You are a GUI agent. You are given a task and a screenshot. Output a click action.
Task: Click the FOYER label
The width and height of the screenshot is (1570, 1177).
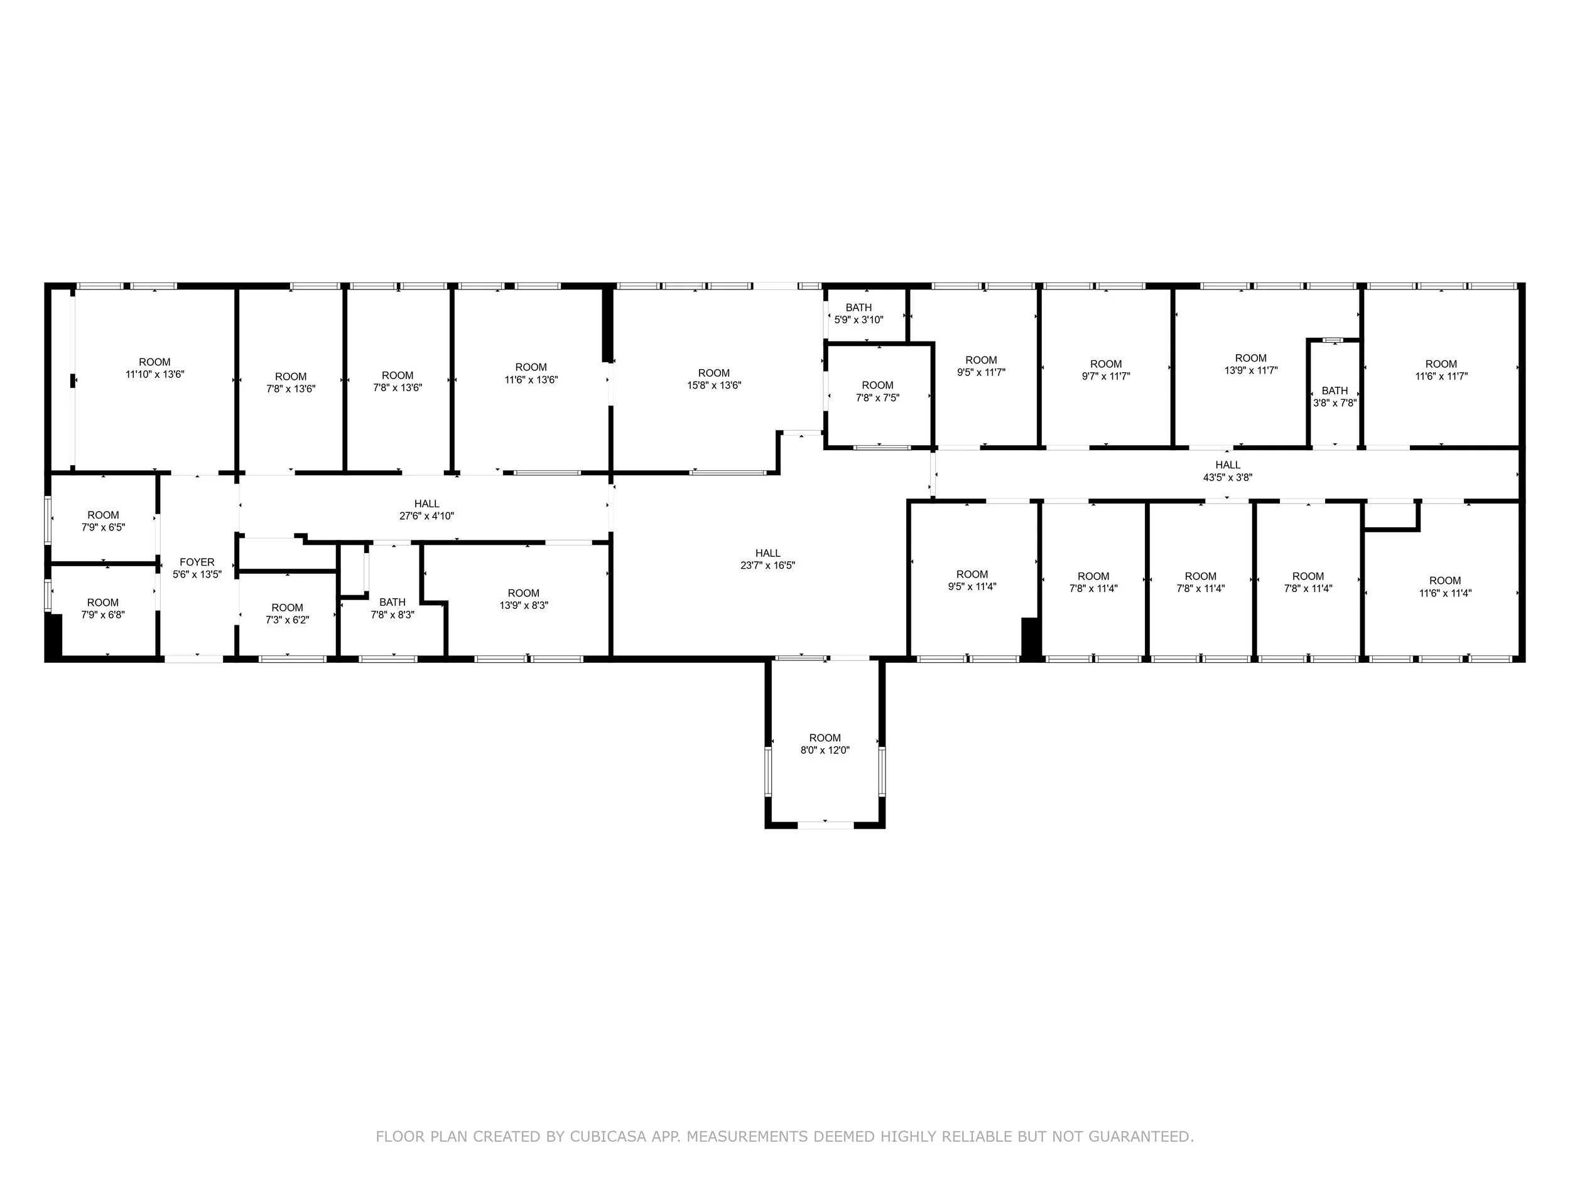(x=197, y=562)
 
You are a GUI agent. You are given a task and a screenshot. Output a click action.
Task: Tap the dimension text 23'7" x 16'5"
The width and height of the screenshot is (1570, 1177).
(x=767, y=566)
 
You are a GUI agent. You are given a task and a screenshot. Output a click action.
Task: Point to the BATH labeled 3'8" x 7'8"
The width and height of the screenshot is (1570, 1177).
(x=1334, y=397)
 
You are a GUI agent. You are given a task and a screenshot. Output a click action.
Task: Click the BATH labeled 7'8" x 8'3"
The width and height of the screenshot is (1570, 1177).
(x=392, y=609)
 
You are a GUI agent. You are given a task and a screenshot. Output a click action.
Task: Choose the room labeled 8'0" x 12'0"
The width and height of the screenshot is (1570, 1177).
(x=824, y=743)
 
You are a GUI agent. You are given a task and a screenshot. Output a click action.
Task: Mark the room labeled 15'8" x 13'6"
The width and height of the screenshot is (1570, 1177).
(x=713, y=379)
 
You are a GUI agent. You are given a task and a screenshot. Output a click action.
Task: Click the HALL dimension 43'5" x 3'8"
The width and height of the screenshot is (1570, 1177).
(x=1227, y=478)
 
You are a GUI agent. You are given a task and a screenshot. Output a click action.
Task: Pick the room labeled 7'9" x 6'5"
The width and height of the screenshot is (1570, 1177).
(x=103, y=521)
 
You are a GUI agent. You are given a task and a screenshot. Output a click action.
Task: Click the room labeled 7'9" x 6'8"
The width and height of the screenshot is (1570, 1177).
(x=103, y=609)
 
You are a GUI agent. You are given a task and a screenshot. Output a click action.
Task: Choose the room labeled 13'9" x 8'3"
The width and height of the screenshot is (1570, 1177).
(x=523, y=599)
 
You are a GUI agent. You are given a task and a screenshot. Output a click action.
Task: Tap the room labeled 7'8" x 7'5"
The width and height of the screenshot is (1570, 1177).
(x=877, y=392)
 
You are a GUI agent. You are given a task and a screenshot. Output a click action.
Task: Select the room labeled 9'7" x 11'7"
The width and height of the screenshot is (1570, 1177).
(x=1105, y=370)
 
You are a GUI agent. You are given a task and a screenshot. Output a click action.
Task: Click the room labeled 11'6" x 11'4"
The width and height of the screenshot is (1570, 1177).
(x=1444, y=587)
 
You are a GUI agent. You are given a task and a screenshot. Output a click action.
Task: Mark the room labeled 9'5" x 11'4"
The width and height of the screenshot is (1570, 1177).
(x=972, y=581)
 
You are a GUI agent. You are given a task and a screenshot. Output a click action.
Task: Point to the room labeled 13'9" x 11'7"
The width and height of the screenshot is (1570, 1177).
(x=1250, y=364)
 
